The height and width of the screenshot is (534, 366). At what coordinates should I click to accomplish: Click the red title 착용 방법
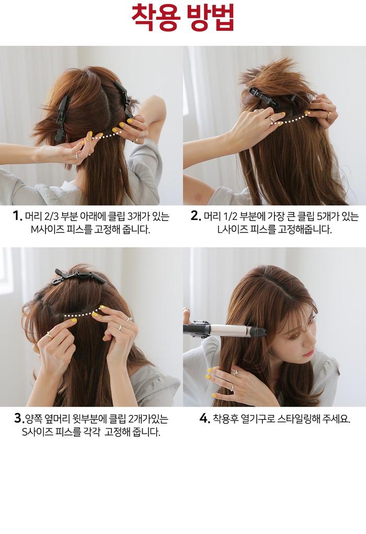(182, 17)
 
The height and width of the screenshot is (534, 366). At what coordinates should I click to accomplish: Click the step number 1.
(17, 216)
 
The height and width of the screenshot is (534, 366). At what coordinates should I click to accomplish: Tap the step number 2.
(196, 216)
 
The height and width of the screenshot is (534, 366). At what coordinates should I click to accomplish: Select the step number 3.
(18, 418)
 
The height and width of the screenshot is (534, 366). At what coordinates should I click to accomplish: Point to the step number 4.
(204, 418)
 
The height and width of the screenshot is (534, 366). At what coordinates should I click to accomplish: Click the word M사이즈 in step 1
(44, 229)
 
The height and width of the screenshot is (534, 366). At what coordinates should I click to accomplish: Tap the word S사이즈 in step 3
(35, 432)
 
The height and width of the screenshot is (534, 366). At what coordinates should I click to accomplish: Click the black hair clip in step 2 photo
(271, 94)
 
